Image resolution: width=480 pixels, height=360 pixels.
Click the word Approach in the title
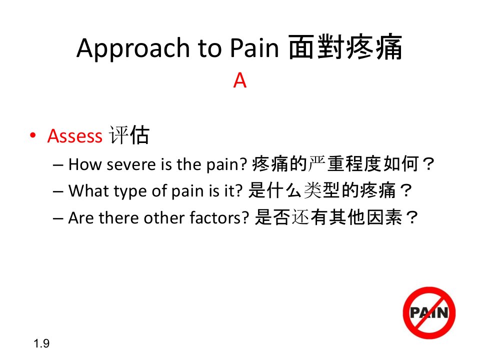point(133,48)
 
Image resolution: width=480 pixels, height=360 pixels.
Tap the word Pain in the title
point(254,48)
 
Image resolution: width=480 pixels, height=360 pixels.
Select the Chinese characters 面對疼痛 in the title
point(345,47)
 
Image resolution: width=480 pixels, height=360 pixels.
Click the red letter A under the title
point(239,81)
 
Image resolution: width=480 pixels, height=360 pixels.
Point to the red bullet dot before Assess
point(33,135)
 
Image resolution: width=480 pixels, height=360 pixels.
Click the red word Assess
point(74,136)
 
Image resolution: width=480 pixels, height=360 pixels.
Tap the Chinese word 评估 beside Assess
point(129,135)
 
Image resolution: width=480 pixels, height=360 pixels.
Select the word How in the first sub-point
point(85,164)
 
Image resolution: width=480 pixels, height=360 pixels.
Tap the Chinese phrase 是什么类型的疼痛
point(321,190)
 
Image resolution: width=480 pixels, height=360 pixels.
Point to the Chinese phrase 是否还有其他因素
point(328,217)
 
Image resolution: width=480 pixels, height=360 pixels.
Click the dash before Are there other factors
point(58,219)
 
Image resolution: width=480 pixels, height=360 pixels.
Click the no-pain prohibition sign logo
point(429,313)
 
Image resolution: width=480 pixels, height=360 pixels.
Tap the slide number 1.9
point(41,343)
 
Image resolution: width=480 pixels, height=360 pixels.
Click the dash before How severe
point(58,165)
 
